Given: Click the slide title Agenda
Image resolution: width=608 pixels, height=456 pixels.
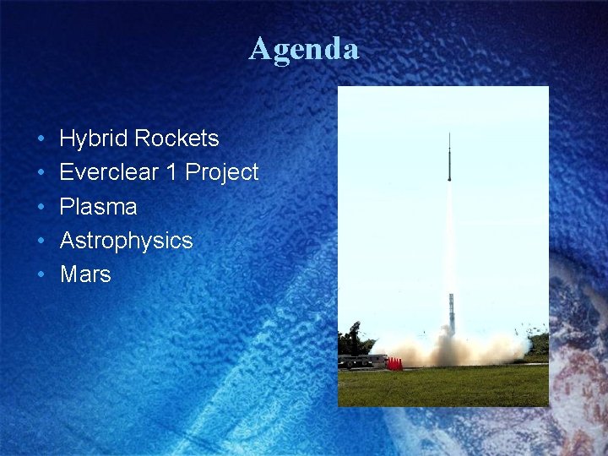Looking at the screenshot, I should click(x=304, y=49).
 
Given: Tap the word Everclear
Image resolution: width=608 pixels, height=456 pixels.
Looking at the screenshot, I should click(x=108, y=172).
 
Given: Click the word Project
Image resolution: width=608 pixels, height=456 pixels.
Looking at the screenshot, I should click(x=222, y=172).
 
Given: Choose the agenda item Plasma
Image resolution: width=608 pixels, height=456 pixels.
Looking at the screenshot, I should click(x=98, y=207).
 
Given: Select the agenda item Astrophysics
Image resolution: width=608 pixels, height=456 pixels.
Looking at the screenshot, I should click(x=126, y=241).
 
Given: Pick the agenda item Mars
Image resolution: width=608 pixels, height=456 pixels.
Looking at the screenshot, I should click(x=85, y=274).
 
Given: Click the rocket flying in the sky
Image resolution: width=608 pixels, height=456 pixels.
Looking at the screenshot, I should click(x=449, y=159).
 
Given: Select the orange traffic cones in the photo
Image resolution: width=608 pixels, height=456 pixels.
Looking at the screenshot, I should click(x=394, y=363).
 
